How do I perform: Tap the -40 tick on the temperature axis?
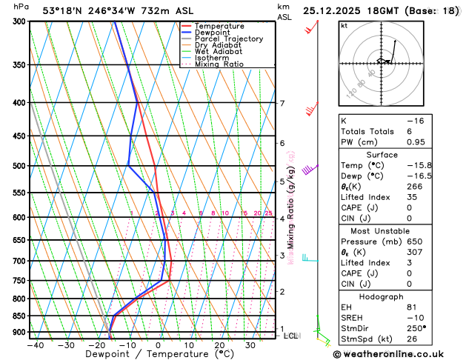tap(35, 345)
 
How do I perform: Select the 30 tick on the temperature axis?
tap(250, 345)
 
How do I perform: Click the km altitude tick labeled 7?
tap(282, 104)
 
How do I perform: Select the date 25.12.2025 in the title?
tap(334, 10)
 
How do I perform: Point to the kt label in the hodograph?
tap(344, 25)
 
